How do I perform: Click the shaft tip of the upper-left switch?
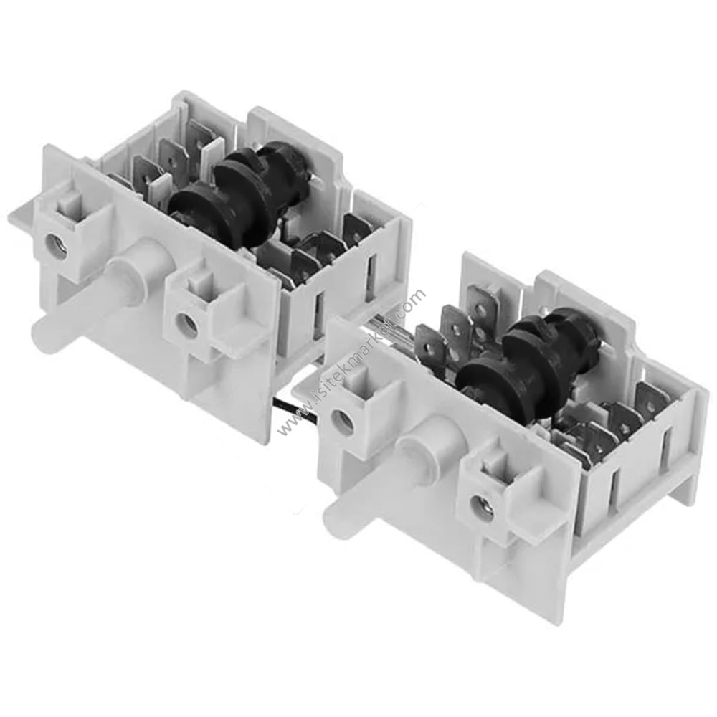point(44,331)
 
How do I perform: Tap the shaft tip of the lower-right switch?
point(336,524)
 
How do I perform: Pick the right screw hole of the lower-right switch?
point(483,508)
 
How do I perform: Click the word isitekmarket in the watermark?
point(351,358)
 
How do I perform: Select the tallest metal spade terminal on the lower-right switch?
point(482,305)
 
